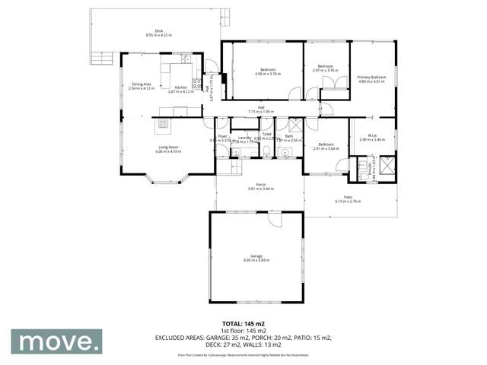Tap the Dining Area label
pyautogui.click(x=142, y=85)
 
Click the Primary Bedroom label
pyautogui.click(x=373, y=77)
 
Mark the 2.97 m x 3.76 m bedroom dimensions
pyautogui.click(x=326, y=70)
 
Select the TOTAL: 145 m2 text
pyautogui.click(x=243, y=323)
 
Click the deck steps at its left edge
pyautogui.click(x=99, y=57)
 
